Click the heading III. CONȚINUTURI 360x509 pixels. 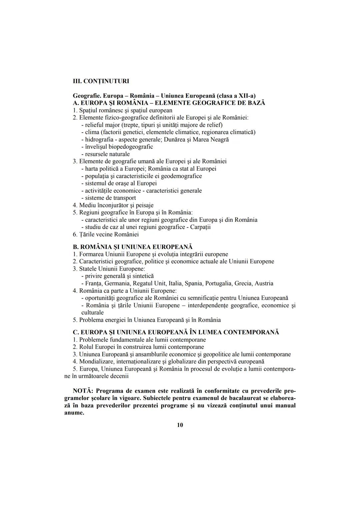(101, 81)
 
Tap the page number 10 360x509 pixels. (180, 425)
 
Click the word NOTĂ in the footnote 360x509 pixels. (84, 391)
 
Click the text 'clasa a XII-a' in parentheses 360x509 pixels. (237, 96)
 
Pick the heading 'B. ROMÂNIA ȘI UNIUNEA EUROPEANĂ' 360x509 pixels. (133, 247)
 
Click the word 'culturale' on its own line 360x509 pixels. (92, 313)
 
